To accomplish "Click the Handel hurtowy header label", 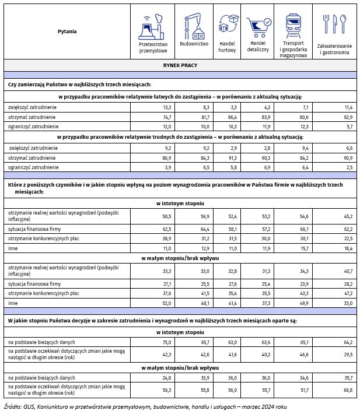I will (x=227, y=47).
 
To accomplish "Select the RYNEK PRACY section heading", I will (x=180, y=65).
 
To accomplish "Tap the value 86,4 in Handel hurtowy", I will (x=231, y=117).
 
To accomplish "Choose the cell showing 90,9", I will (x=348, y=157).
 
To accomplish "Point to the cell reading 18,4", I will (x=348, y=248).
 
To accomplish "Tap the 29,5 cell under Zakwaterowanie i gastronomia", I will (x=348, y=353).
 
